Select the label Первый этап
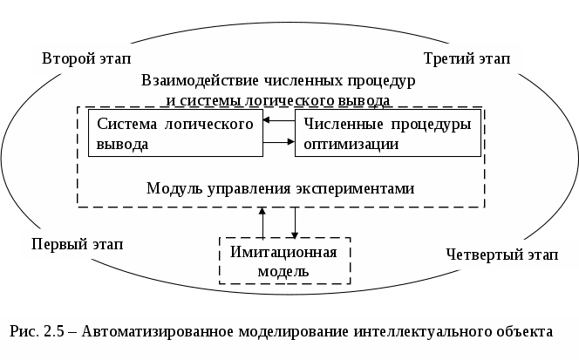[x=77, y=243]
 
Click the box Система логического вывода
[x=175, y=134]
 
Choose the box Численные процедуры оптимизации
[x=386, y=134]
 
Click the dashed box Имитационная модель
[x=283, y=261]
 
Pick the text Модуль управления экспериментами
[x=279, y=187]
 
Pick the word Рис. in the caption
[x=22, y=332]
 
